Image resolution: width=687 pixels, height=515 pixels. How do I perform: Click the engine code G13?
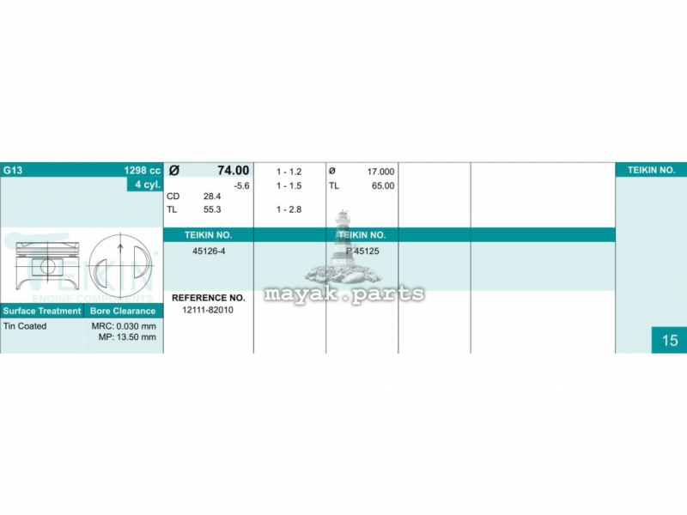[x=13, y=170]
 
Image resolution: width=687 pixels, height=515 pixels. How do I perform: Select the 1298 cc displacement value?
[x=143, y=170]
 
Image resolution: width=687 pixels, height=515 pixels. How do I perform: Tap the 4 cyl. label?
[x=148, y=185]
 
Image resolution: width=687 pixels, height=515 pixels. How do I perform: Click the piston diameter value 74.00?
[x=233, y=170]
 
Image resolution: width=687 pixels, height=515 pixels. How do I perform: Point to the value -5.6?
[x=241, y=185]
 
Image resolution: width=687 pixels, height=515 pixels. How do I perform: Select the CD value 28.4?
[x=212, y=197]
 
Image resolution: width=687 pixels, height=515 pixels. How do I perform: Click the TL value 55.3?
[x=212, y=209]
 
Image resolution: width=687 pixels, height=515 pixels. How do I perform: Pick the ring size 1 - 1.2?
[x=289, y=172]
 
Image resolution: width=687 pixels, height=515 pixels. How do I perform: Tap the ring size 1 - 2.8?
[x=289, y=209]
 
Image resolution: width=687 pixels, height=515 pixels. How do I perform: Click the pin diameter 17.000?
[x=380, y=172]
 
